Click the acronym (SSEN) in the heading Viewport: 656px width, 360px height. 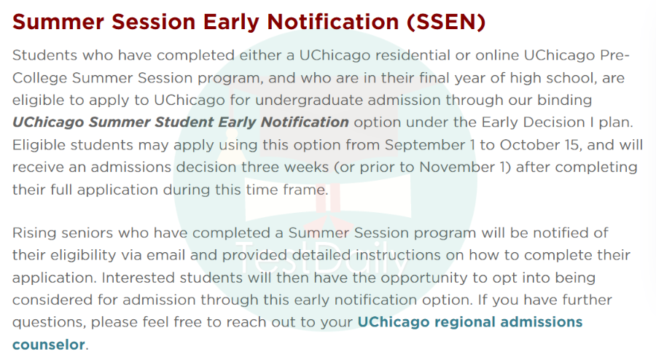tap(446, 22)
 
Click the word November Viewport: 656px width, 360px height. tap(457, 168)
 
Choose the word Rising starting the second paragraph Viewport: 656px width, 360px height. tap(34, 233)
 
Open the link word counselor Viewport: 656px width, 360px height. tap(49, 345)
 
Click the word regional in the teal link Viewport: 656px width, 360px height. tap(465, 322)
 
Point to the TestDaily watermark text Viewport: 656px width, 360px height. tap(321, 257)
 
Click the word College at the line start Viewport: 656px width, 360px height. tap(39, 78)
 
